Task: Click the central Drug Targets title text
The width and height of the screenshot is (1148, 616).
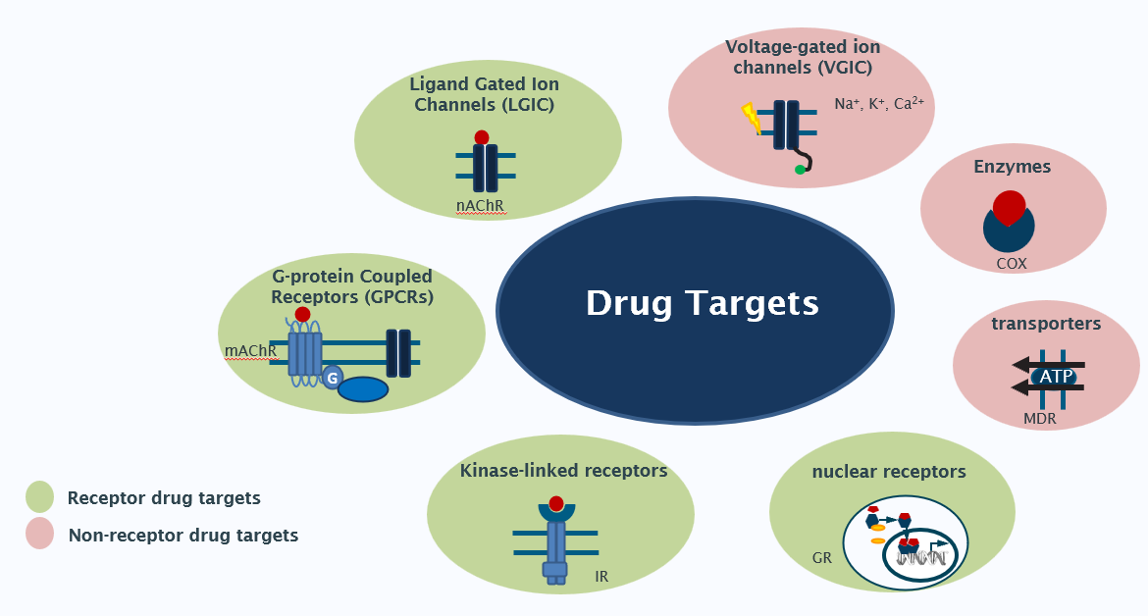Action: click(702, 303)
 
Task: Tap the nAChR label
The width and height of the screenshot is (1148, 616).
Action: click(480, 206)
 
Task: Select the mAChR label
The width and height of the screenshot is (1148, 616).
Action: click(250, 350)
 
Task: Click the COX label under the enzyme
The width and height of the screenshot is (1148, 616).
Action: click(1012, 263)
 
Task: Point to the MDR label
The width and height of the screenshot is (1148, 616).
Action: click(1039, 419)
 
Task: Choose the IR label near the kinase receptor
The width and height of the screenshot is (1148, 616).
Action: click(601, 576)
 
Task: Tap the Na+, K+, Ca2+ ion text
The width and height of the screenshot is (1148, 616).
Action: click(879, 103)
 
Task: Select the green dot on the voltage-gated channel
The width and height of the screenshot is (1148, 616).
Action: click(800, 170)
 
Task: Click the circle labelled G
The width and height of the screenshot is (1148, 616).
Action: click(332, 377)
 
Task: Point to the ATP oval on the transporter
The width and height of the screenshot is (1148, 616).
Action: click(1056, 376)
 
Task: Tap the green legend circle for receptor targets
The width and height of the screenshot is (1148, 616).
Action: click(39, 496)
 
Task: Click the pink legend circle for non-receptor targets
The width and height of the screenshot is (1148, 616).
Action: click(39, 535)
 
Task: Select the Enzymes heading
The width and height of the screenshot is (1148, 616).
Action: click(1012, 167)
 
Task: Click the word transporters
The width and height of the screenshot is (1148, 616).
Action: click(1046, 324)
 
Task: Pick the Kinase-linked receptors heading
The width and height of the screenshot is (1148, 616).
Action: click(563, 471)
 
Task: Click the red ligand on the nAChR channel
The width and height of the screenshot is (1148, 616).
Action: click(481, 137)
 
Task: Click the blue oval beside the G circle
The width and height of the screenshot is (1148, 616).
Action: click(363, 389)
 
